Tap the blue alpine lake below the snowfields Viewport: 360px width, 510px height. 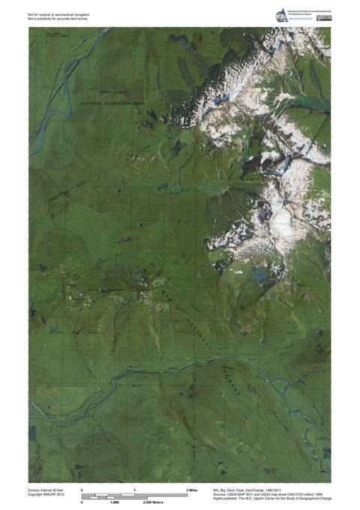point(259,274)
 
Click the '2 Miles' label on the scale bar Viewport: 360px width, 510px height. point(192,489)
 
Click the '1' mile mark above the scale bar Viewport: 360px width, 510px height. point(134,489)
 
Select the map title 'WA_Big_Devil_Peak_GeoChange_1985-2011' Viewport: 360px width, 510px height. point(257,488)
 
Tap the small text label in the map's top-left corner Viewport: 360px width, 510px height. point(52,34)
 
